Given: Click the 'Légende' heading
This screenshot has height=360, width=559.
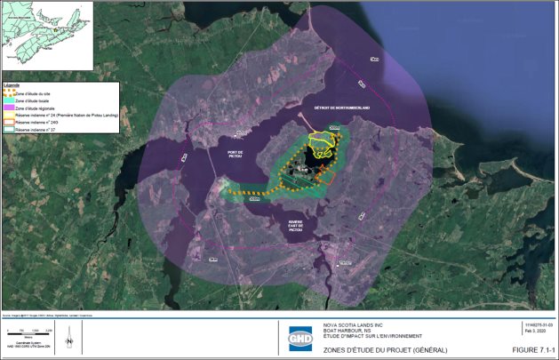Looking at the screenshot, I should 12,85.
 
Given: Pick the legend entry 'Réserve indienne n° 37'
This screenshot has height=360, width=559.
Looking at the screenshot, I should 35,129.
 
